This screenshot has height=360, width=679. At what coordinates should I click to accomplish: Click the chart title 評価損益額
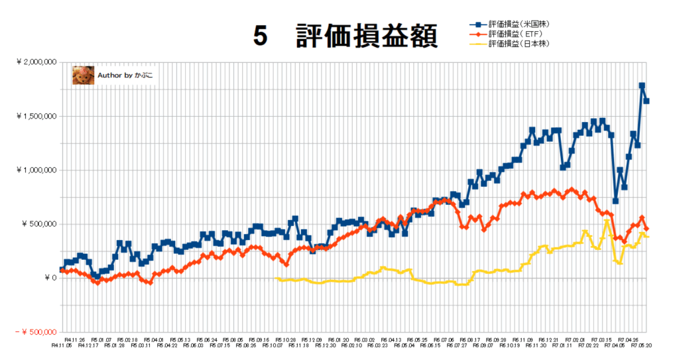(x=366, y=37)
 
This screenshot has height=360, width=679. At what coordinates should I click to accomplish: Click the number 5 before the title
(x=260, y=37)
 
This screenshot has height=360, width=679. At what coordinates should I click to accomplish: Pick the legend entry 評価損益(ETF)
(x=515, y=34)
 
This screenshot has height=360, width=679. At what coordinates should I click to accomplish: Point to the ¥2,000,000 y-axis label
(x=36, y=62)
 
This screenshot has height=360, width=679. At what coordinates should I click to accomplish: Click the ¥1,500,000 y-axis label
(x=36, y=116)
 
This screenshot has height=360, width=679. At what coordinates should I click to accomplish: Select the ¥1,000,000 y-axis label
(x=36, y=170)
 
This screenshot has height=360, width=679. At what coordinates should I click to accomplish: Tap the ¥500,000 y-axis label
(x=40, y=224)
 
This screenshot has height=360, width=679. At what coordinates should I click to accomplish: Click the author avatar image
(x=82, y=75)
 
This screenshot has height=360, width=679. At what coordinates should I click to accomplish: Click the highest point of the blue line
(x=642, y=86)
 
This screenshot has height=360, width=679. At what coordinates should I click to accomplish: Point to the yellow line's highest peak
(x=607, y=221)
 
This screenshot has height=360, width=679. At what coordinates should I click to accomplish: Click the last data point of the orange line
(x=647, y=229)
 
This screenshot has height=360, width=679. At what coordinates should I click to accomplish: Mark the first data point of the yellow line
(x=276, y=278)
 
